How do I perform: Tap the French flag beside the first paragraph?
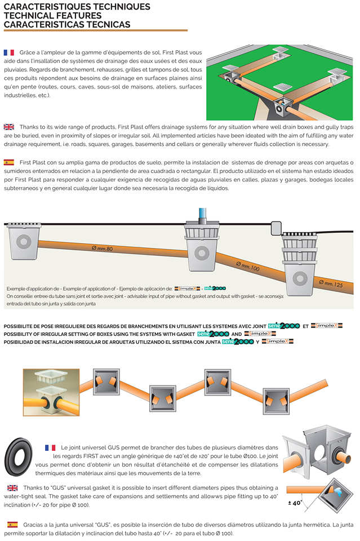(9, 52)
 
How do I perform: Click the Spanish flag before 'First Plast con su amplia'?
(8, 162)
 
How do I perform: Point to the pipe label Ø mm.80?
(102, 248)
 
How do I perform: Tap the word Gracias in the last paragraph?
(33, 525)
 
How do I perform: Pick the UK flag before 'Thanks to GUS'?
(12, 487)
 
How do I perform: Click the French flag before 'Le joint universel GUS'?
(50, 447)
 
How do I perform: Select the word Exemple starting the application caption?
(16, 288)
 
